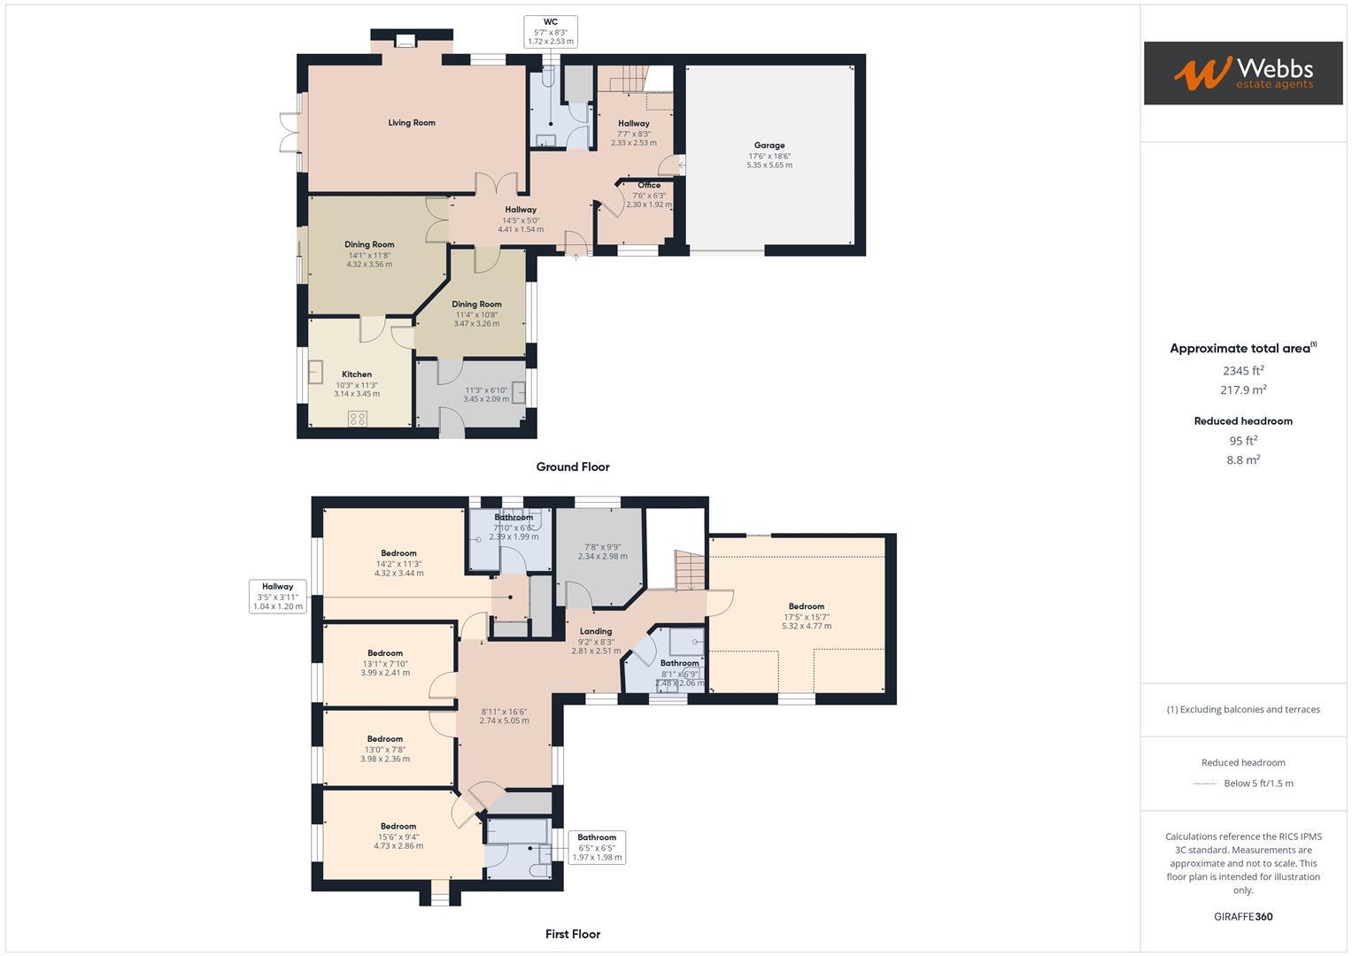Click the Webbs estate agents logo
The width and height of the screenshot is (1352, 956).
(x=1242, y=73)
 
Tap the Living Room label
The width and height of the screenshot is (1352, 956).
(x=412, y=123)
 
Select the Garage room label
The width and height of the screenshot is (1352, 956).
(x=769, y=145)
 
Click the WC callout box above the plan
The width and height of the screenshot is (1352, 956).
(x=550, y=31)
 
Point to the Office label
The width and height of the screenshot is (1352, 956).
(x=648, y=185)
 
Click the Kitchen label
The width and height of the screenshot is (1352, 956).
(x=357, y=374)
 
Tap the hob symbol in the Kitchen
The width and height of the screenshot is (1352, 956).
(x=358, y=419)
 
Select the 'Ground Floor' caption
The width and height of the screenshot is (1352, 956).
(x=573, y=466)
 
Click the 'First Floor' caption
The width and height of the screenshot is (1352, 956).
(x=573, y=934)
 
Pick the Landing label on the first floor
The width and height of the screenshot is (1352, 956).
(x=596, y=631)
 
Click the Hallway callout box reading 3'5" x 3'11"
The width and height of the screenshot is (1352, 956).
(x=277, y=597)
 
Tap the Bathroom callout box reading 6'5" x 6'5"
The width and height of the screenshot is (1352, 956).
(x=597, y=847)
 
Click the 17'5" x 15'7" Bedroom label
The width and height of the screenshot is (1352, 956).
(x=806, y=606)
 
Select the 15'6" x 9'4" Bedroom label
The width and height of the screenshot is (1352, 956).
(x=398, y=826)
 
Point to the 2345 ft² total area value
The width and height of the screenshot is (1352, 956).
(x=1243, y=371)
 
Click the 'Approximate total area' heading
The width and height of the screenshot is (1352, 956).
(x=1242, y=349)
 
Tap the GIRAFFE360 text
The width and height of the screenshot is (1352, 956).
(x=1243, y=916)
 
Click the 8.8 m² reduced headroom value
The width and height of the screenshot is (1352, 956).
(x=1243, y=459)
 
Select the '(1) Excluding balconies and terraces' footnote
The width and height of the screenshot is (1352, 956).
(x=1243, y=709)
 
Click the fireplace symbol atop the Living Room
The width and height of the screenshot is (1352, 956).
(x=406, y=40)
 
